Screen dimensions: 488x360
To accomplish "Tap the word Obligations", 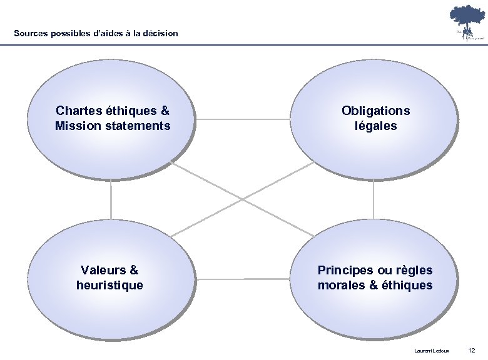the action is (375, 111).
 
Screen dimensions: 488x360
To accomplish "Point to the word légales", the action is (375, 126).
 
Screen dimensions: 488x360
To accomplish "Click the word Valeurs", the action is (103, 271).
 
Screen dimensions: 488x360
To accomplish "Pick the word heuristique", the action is (109, 286).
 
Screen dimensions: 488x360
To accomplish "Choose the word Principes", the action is (345, 271).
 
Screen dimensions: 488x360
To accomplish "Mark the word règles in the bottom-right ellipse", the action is (412, 271).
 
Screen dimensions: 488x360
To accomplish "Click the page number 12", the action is (472, 349).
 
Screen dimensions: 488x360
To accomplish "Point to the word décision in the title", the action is (161, 33).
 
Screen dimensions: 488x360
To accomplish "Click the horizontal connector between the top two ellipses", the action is (242, 117).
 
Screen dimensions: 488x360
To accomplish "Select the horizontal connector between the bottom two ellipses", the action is (242, 277).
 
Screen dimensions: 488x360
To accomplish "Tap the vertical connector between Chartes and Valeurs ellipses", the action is (111, 199).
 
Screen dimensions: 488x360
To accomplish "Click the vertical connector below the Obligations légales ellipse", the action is (374, 199).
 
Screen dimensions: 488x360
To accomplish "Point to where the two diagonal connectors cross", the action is (242, 199).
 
